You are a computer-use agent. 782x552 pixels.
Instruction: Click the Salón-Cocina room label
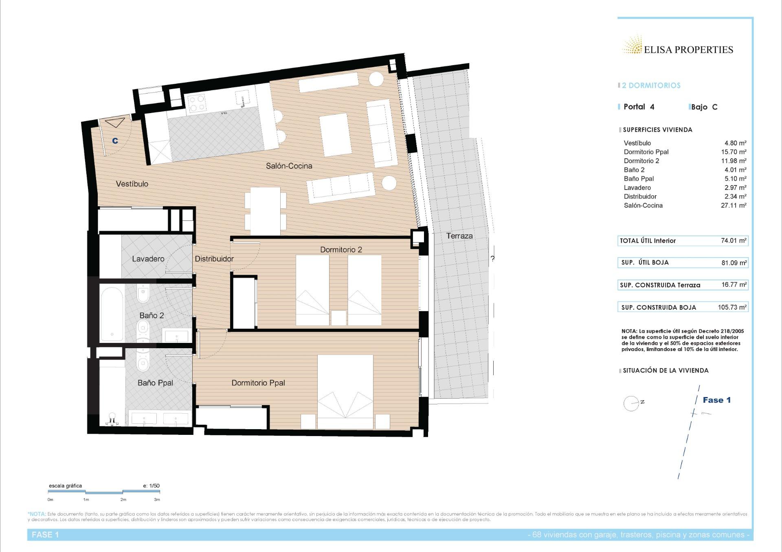coord(289,166)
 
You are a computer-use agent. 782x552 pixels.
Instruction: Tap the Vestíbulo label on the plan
coord(132,184)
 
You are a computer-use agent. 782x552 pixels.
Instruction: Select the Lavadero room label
coord(148,259)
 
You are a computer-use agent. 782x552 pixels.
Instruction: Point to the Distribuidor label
coord(214,259)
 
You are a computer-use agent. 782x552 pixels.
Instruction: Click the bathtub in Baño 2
coord(112,314)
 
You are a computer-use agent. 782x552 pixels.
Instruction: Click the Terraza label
coord(459,236)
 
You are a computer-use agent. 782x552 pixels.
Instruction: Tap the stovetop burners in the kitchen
coord(197,103)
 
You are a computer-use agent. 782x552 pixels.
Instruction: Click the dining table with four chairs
coord(265,211)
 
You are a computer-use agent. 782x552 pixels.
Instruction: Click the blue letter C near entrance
coord(115,141)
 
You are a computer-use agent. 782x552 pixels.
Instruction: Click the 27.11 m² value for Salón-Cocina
coord(733,206)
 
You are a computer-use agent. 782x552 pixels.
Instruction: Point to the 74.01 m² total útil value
coord(733,241)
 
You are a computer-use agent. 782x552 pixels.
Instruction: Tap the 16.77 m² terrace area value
coord(734,285)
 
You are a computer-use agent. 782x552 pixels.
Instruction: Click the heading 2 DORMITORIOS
coord(651,85)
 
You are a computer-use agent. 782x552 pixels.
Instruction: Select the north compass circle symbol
coord(631,403)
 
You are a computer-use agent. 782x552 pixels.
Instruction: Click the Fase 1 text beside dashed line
coord(716,400)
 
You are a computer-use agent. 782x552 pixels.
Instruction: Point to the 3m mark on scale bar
coord(157,500)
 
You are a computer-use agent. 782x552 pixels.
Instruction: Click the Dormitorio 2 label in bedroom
coord(341,250)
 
